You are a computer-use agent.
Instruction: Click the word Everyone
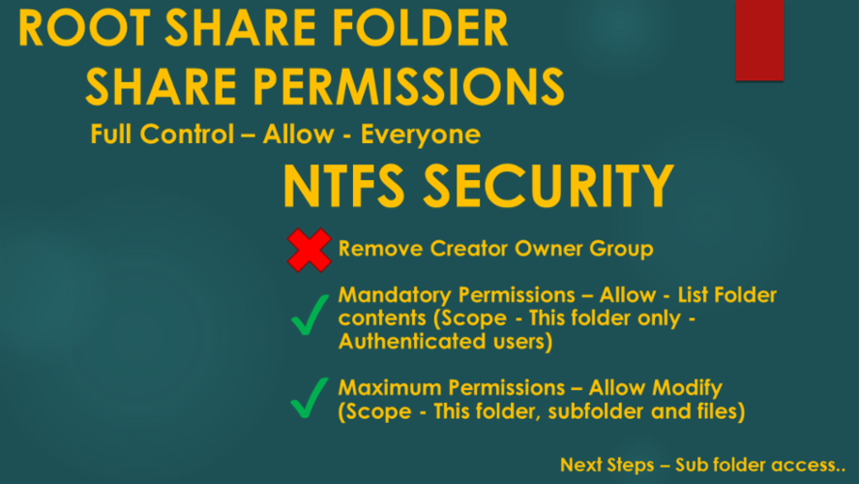pyautogui.click(x=421, y=134)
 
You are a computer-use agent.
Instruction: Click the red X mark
pyautogui.click(x=309, y=250)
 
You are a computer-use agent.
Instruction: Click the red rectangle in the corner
pyautogui.click(x=759, y=39)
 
